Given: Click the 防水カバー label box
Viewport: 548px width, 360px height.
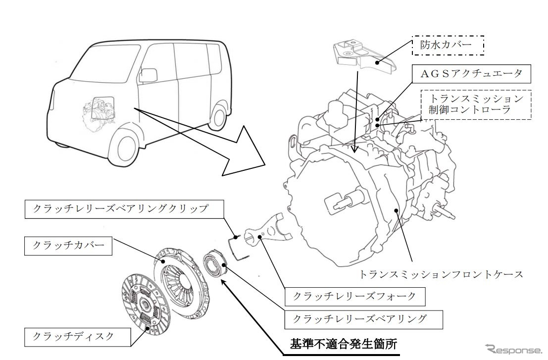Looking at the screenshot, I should [447, 47].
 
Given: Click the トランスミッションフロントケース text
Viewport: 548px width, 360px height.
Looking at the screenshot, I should [441, 273].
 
